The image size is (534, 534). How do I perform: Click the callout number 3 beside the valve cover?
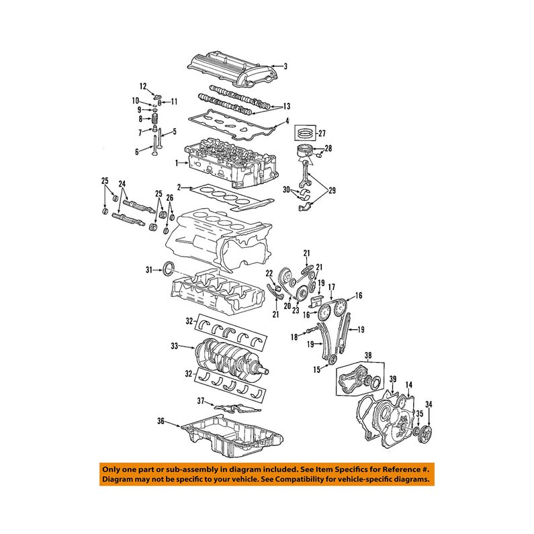coord(285,66)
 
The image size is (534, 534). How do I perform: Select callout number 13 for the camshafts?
coord(287,106)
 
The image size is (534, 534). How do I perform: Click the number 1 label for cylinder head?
coord(177,163)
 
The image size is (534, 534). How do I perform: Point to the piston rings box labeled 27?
coord(305,133)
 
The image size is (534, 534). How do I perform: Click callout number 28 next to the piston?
coord(328,148)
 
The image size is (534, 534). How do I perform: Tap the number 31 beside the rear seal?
coord(149,270)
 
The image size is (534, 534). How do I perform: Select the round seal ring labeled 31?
coord(169,268)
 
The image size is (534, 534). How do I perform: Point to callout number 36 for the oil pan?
coord(161,421)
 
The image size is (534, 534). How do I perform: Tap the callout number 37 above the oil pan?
coord(201,401)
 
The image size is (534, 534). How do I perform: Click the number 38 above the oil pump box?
coord(368,356)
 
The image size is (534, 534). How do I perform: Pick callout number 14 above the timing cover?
coord(409,385)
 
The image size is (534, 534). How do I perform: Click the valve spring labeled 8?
coord(155,119)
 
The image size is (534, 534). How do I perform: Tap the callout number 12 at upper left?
coord(143,87)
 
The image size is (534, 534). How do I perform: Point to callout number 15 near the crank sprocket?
coord(317,369)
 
